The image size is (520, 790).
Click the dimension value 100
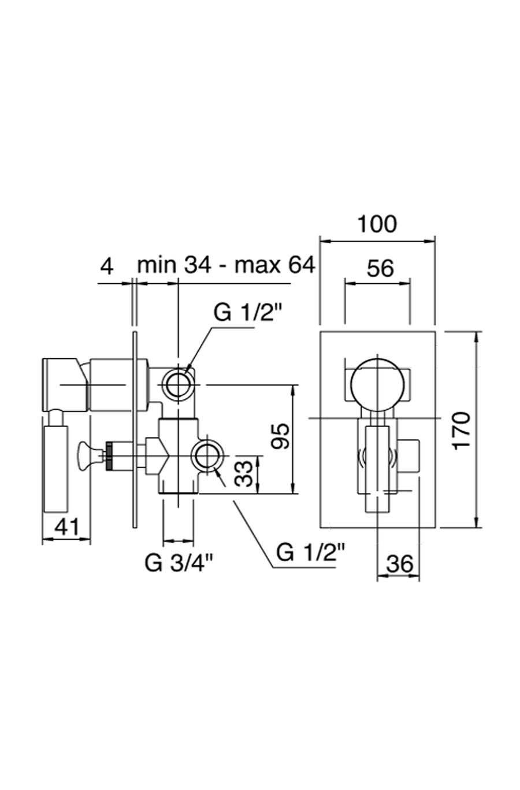point(377,224)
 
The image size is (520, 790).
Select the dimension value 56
point(380,268)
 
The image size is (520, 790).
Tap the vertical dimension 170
point(461,430)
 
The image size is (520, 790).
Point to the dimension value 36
point(399,564)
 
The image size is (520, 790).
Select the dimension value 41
point(66,527)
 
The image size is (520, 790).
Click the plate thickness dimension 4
point(106,266)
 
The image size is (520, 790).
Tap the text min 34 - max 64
point(226,266)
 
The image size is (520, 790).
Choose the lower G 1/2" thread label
point(310,552)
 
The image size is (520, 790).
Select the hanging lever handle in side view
point(56,468)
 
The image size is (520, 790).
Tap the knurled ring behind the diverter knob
point(108,452)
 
